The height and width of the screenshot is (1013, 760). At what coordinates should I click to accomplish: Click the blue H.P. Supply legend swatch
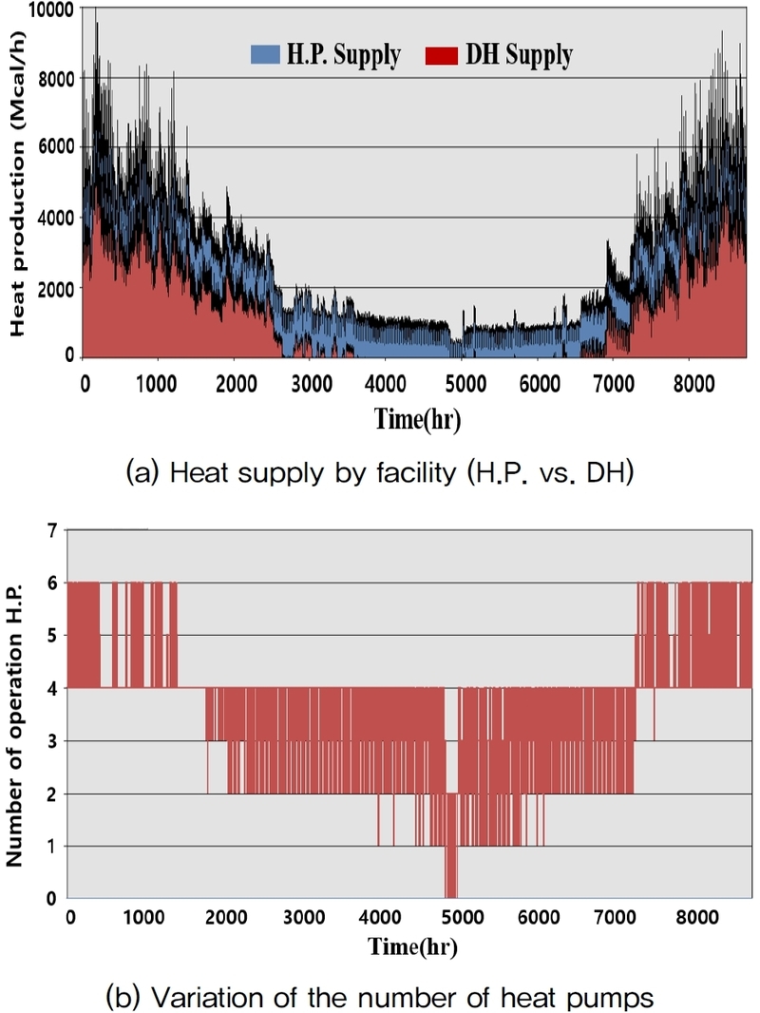pos(260,55)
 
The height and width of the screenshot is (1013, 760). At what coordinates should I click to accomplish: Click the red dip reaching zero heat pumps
pos(451,874)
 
